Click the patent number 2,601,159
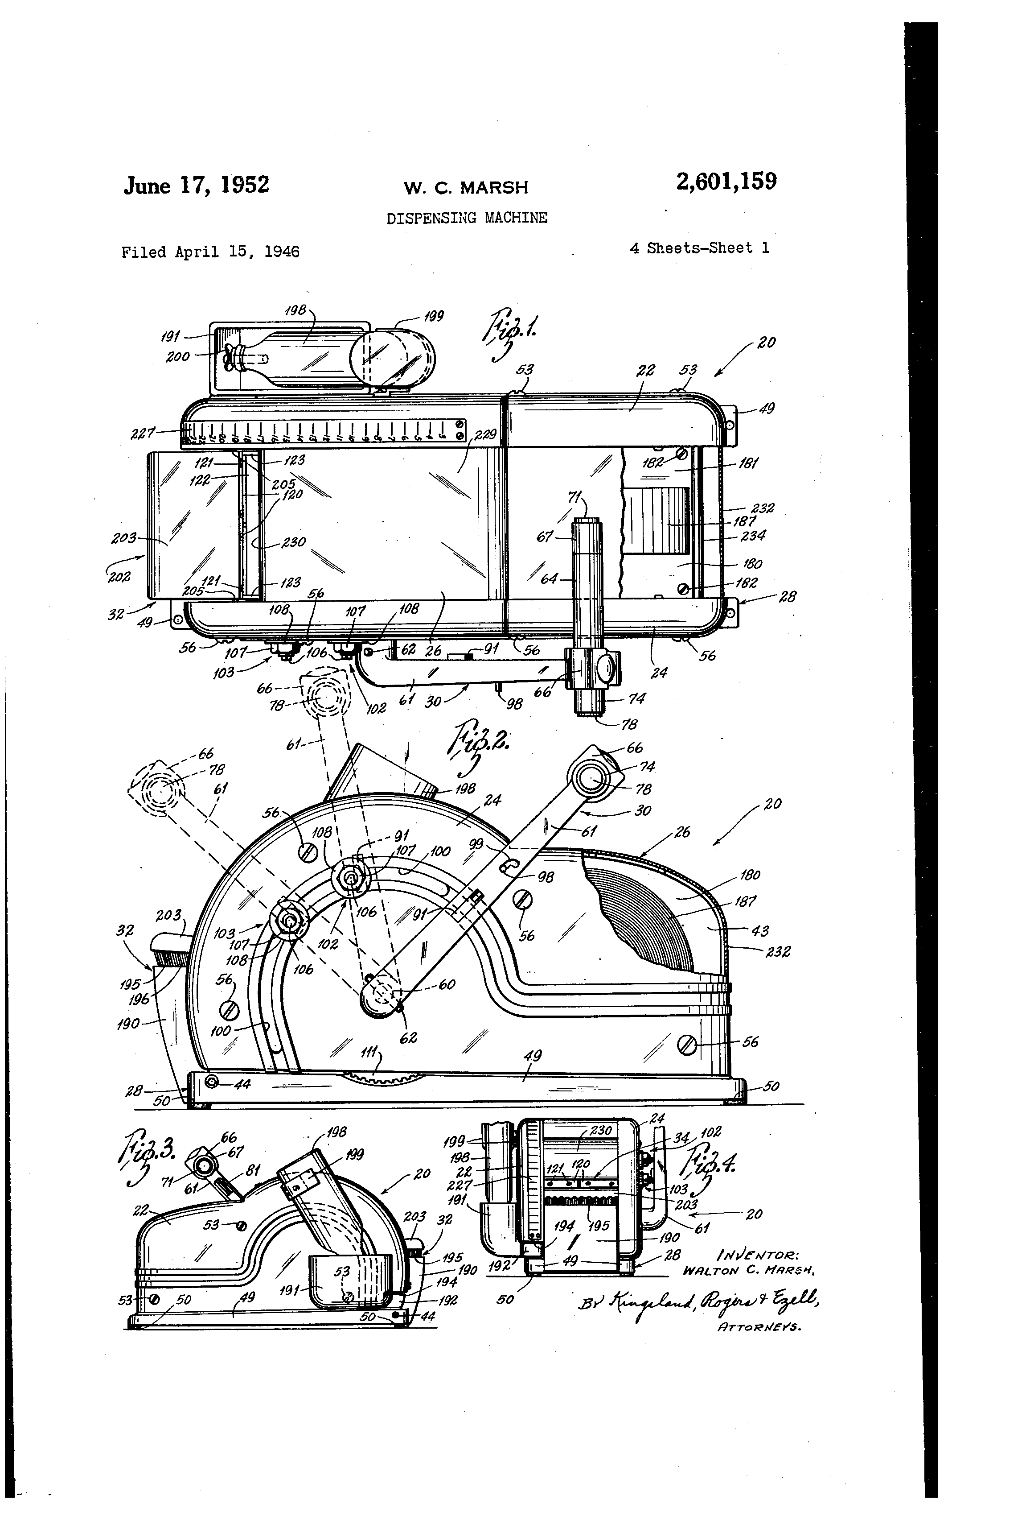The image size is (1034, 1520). pos(726,181)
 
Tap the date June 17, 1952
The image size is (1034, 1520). pos(196,185)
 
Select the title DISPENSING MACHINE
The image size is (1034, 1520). pos(467,218)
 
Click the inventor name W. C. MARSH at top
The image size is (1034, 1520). pos(465,188)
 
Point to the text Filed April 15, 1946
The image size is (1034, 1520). pos(210,252)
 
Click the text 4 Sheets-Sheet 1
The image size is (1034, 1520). pos(699,248)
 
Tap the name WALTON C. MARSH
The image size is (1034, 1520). pos(747,1270)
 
